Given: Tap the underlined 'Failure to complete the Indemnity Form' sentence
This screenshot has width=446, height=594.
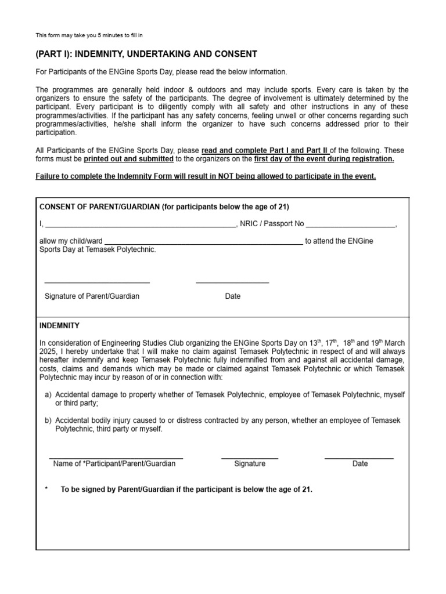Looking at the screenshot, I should point(206,176).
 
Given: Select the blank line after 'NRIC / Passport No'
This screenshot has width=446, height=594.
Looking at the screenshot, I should point(350,225).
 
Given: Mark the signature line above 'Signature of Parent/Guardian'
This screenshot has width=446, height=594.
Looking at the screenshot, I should point(97,282).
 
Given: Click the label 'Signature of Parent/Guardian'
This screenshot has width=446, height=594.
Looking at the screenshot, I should point(92,296).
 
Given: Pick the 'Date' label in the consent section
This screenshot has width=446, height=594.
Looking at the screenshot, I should point(232,296).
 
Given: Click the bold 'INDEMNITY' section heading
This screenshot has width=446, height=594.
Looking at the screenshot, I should point(59,325).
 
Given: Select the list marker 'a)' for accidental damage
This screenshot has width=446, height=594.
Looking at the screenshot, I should point(48,394).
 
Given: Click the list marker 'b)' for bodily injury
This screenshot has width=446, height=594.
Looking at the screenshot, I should point(48,421).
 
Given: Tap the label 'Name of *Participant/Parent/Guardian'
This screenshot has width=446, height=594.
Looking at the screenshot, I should point(114,463).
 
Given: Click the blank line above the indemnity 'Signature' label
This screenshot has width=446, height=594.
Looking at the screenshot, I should point(250,458).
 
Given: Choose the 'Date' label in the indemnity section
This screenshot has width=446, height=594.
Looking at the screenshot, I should point(360,463).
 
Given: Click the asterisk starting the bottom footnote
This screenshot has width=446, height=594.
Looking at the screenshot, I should point(46,490).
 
